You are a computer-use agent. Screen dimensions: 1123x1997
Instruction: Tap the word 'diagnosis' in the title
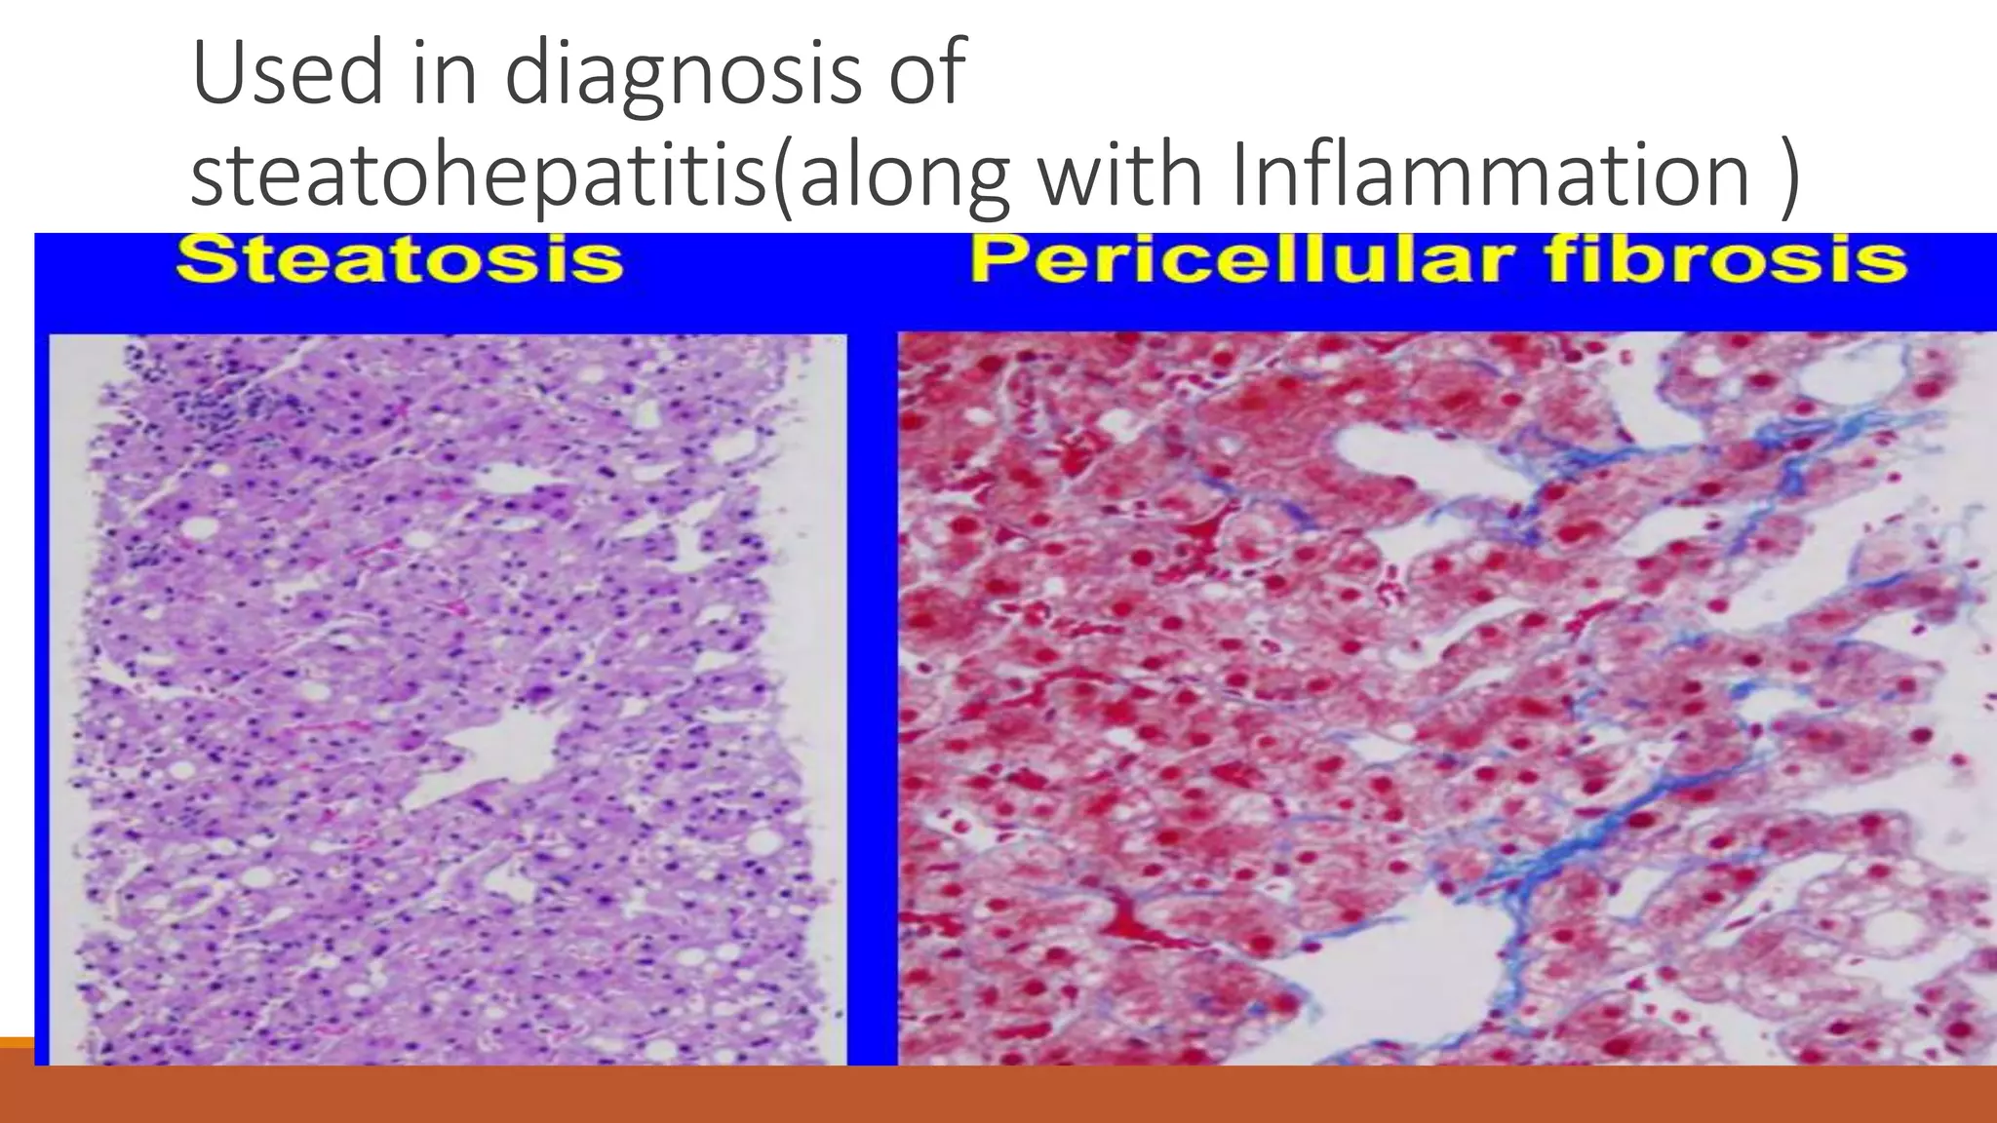(x=682, y=78)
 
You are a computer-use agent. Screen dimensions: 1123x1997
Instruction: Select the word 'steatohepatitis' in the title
(x=478, y=175)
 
